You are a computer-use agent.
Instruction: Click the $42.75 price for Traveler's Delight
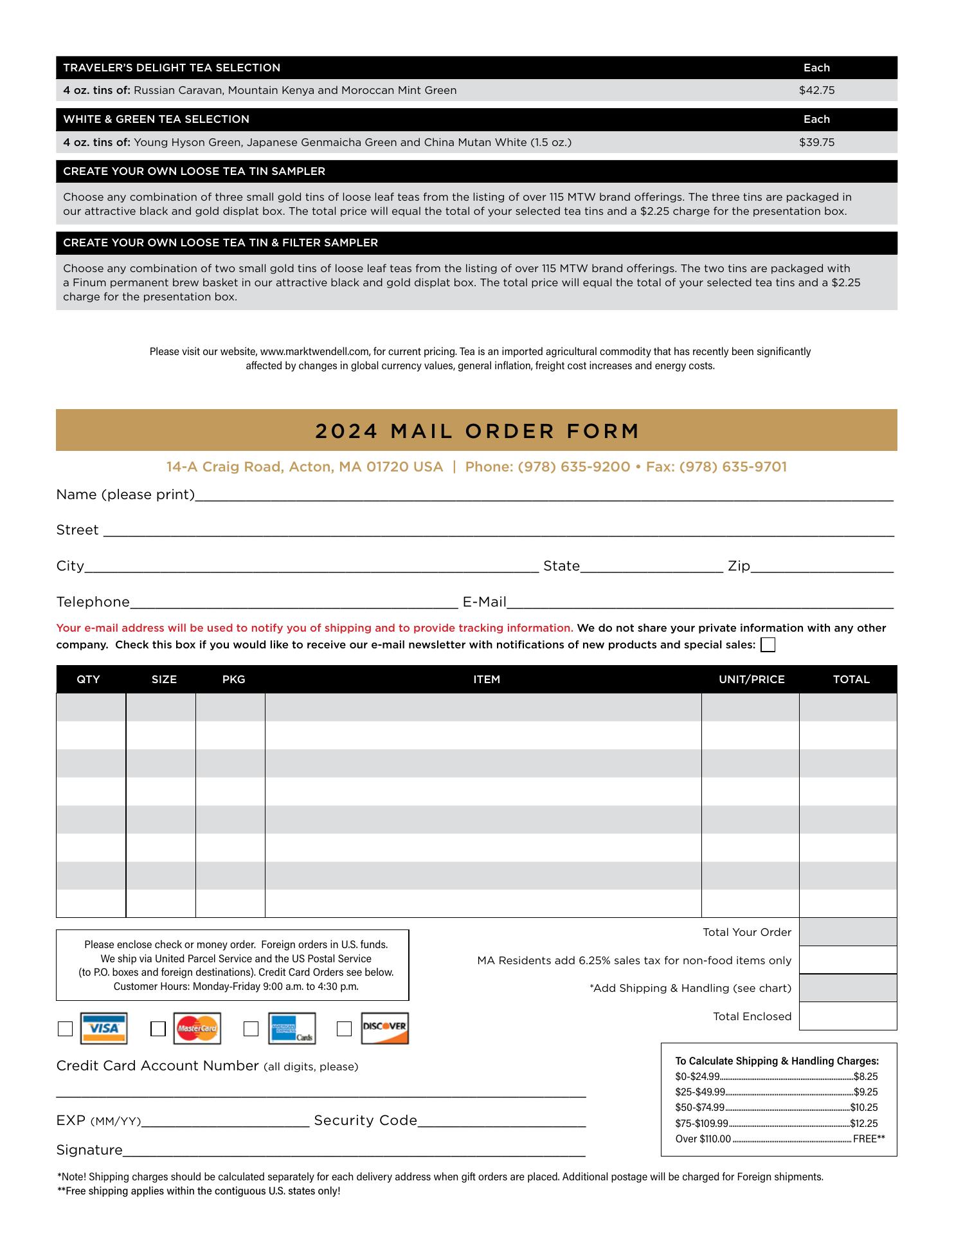pyautogui.click(x=816, y=91)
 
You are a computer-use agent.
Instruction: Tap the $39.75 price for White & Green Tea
pyautogui.click(x=816, y=142)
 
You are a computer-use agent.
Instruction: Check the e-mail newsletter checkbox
pyautogui.click(x=768, y=645)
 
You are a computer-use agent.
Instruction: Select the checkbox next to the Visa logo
pyautogui.click(x=65, y=1029)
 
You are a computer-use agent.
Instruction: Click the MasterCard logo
pyautogui.click(x=197, y=1029)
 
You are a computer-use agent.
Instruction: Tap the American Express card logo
pyautogui.click(x=292, y=1029)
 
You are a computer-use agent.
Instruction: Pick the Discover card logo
pyautogui.click(x=384, y=1028)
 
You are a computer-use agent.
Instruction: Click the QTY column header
pyautogui.click(x=88, y=679)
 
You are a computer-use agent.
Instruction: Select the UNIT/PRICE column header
pyautogui.click(x=751, y=679)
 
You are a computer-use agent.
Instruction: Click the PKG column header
pyautogui.click(x=233, y=679)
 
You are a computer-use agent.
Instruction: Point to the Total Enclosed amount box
pyautogui.click(x=848, y=1016)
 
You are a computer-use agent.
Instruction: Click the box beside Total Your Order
pyautogui.click(x=848, y=932)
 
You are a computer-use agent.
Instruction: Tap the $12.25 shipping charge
pyautogui.click(x=863, y=1123)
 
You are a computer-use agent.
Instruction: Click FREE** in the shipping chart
pyautogui.click(x=869, y=1139)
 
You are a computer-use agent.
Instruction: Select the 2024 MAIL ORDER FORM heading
pyautogui.click(x=477, y=431)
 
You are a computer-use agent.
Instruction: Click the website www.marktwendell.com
pyautogui.click(x=314, y=352)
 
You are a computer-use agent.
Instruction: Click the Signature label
pyautogui.click(x=89, y=1150)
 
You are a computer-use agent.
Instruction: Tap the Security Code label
pyautogui.click(x=365, y=1121)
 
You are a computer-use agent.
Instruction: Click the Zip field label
pyautogui.click(x=739, y=566)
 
